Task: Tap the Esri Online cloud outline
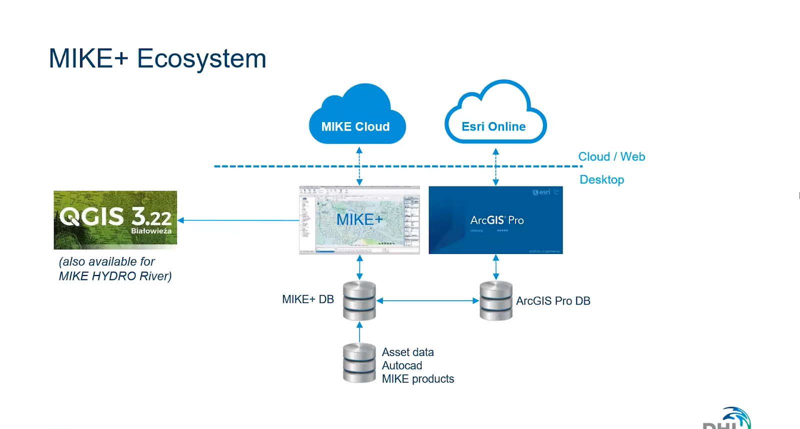495,115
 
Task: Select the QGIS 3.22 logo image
115,220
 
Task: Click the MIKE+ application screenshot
359,220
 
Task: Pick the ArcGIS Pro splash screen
495,220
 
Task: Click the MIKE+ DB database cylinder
359,300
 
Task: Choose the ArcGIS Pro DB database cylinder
496,300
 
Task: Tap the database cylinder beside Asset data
359,363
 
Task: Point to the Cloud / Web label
611,156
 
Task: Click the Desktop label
601,179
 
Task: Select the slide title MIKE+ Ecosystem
157,58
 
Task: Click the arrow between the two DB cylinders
427,300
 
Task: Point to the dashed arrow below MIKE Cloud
359,166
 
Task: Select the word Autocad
402,365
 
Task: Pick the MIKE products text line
418,379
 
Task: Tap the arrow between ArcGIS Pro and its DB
496,267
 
